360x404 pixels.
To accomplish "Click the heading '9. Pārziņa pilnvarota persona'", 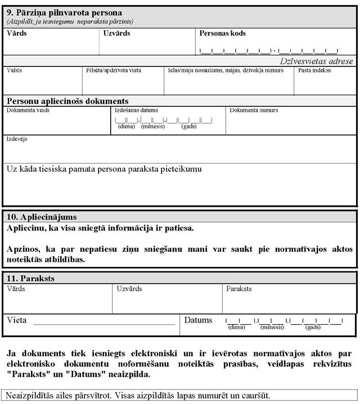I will coord(64,12).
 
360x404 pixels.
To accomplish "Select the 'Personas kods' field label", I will coord(222,33).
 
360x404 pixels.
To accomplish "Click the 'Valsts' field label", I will coord(15,71).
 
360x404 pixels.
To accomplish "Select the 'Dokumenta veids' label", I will coord(28,111).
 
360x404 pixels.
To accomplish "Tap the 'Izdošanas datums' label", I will coord(136,111).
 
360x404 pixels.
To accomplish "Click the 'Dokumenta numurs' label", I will coord(254,111).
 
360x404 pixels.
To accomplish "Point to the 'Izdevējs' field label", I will coord(17,139).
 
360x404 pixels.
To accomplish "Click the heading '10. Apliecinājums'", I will coord(42,216).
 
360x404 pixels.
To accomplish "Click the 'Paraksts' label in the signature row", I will coord(239,289).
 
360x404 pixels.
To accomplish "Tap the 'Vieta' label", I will coord(17,320).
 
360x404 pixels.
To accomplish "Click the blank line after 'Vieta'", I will coord(104,324).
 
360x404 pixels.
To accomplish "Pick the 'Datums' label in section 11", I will coord(199,320).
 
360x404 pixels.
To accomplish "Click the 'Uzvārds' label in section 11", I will coord(129,289).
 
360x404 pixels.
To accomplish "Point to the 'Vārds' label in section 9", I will coord(17,33).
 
